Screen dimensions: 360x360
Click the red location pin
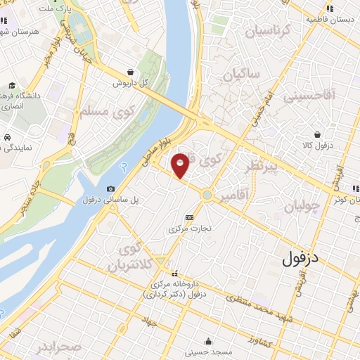180,165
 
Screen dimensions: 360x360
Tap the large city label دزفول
310,258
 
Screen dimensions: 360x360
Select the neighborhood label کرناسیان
266,32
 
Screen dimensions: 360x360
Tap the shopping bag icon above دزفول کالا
319,134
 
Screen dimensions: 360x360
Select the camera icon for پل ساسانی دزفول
111,188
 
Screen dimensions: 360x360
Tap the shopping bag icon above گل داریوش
131,71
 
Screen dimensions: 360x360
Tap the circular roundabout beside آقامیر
207,195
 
